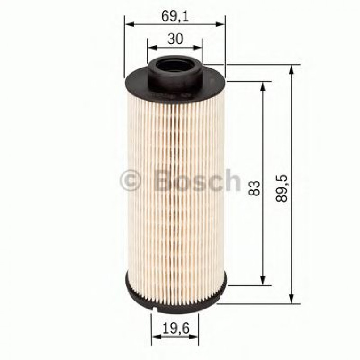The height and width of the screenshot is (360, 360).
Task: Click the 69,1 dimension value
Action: pyautogui.click(x=175, y=17)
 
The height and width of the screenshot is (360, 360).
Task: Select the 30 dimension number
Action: pyautogui.click(x=175, y=39)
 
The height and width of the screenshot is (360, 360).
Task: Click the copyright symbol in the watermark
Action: pyautogui.click(x=131, y=181)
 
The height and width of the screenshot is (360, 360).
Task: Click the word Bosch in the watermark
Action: pyautogui.click(x=196, y=180)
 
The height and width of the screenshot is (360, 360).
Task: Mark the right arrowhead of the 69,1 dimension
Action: pyautogui.click(x=222, y=25)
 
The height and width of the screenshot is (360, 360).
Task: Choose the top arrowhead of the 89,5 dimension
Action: pyautogui.click(x=292, y=68)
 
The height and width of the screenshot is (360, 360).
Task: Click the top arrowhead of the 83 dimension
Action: pyautogui.click(x=263, y=86)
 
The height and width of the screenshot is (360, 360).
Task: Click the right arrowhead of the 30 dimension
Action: pyautogui.click(x=199, y=47)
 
